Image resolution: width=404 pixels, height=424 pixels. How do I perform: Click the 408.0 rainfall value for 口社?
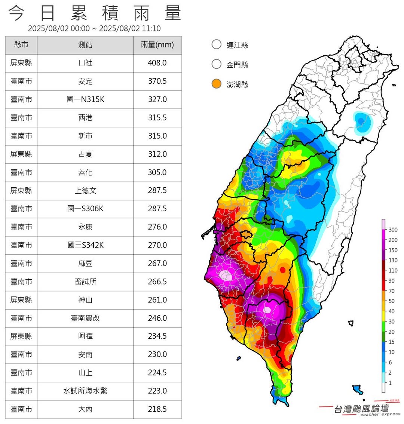pos(157,63)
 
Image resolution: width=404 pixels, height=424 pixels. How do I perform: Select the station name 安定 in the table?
pos(85,81)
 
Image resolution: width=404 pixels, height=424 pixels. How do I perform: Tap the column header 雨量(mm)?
pos(157,45)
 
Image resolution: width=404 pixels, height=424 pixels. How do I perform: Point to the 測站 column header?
pos(85,45)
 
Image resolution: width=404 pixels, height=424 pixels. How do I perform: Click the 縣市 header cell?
pos(21,45)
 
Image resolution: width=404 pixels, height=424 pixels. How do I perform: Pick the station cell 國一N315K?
pos(85,99)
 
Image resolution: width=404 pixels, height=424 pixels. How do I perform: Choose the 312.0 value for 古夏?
pos(157,154)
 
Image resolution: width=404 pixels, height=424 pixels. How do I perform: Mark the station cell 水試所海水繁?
pos(85,391)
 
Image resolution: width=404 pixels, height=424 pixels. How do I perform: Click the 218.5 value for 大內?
pos(157,409)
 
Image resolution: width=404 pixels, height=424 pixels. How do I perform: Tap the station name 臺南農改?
pos(85,318)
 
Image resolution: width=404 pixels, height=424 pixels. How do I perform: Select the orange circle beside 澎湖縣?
pos(217,84)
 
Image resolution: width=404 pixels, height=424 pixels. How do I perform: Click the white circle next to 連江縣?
pos(217,44)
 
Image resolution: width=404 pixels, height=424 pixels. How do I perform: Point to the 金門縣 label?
pos(237,65)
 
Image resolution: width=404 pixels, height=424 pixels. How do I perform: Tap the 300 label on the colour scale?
pos(393,230)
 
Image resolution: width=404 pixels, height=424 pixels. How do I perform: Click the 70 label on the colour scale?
pos(391,291)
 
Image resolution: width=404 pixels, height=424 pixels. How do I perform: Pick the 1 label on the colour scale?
pos(390,383)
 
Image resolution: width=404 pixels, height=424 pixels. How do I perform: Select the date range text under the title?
pos(94,28)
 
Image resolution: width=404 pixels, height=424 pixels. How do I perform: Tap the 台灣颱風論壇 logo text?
pos(361,409)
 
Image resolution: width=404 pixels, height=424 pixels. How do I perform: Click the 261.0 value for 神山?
pos(157,300)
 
